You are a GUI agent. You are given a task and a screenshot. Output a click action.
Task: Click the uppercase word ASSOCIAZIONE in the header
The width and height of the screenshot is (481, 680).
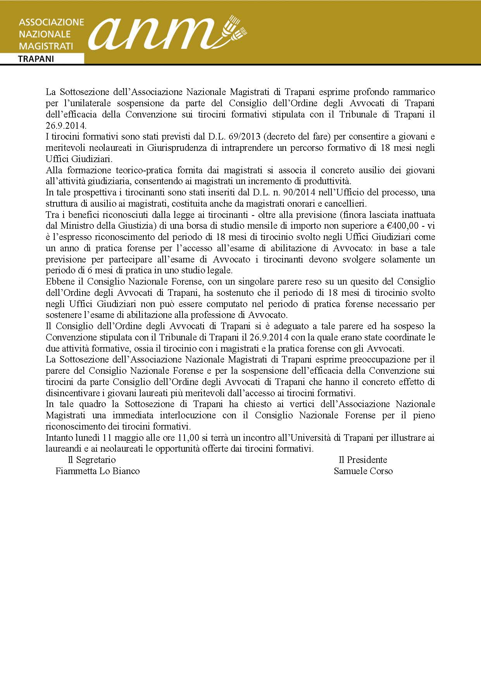tap(51, 22)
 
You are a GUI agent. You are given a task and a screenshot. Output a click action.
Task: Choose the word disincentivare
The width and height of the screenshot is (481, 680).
tap(72, 393)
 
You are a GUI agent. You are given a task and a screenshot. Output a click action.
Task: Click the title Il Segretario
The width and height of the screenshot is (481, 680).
tap(91, 460)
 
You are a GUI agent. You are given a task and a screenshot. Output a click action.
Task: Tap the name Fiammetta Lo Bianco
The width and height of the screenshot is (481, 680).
tap(98, 471)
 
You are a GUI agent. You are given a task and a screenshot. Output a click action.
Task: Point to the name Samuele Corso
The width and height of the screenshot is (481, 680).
tap(363, 471)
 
